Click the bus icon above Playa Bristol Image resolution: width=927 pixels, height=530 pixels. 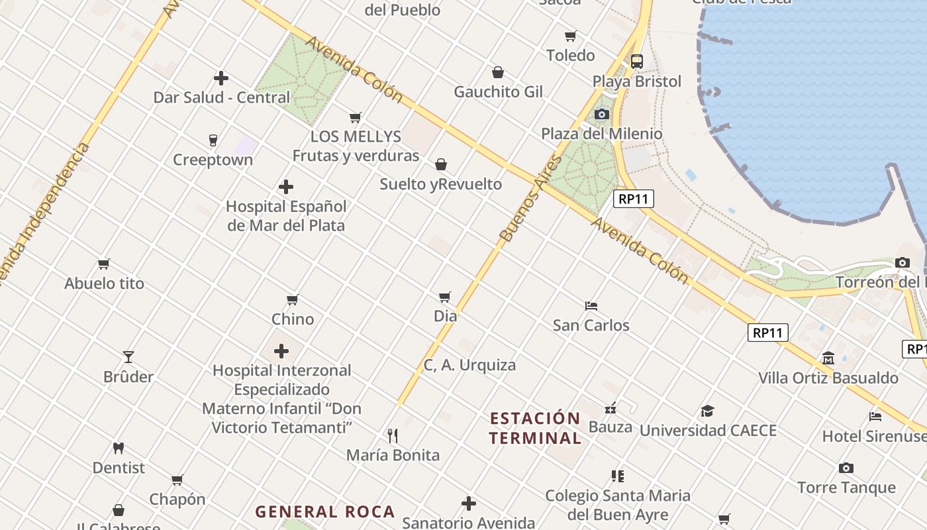click(636, 62)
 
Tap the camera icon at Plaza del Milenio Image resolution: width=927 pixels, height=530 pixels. click(601, 114)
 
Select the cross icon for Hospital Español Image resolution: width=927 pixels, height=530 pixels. click(286, 187)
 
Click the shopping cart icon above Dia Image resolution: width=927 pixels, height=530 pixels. click(445, 297)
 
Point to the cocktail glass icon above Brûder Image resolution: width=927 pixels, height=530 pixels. click(128, 357)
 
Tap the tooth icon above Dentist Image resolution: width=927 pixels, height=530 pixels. click(119, 448)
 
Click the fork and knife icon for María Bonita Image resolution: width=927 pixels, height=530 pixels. click(393, 435)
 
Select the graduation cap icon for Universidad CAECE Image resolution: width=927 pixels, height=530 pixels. click(707, 411)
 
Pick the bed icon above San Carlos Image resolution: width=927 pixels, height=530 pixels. click(591, 305)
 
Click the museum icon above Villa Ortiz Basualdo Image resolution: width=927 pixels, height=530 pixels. click(828, 358)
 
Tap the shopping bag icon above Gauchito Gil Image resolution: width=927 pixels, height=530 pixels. click(498, 72)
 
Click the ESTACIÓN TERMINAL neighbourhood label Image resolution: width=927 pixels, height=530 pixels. click(535, 428)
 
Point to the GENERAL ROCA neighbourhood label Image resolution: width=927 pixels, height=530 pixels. click(325, 511)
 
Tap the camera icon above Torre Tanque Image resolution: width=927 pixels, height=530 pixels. click(846, 468)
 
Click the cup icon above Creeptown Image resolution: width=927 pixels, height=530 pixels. click(213, 140)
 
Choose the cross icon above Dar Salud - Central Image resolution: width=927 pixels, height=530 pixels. click(221, 78)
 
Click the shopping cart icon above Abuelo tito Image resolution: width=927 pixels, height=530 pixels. click(104, 264)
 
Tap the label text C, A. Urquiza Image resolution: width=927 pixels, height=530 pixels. click(469, 364)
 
